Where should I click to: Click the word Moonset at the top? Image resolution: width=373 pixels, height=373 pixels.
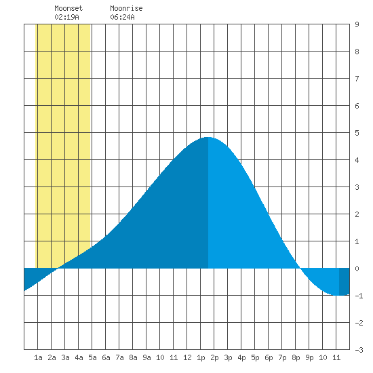point(68,8)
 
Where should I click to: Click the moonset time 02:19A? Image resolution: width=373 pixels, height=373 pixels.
point(66,17)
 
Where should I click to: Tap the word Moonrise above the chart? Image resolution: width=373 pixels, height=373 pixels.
point(126,8)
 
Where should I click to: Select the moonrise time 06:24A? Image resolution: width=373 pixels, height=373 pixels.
point(122,17)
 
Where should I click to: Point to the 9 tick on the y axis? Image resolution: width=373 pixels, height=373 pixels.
point(357,24)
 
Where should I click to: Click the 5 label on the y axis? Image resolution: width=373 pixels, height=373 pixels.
point(357,133)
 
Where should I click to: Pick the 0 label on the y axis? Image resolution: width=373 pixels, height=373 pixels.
point(357,269)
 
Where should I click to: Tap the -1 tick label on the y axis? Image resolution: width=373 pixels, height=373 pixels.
point(359,296)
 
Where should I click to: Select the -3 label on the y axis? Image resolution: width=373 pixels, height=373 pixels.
point(359,350)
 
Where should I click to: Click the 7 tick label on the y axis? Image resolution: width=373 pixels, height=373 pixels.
point(357,79)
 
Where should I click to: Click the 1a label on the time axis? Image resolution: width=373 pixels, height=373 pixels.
point(38,357)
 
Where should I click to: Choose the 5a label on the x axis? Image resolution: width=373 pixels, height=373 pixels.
point(92,357)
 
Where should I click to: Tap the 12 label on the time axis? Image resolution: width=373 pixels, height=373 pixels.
point(187,357)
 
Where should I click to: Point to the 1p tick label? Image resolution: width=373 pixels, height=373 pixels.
point(201,358)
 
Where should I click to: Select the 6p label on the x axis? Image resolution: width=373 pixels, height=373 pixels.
point(269,358)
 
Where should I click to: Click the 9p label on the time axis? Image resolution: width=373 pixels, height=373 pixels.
point(309,358)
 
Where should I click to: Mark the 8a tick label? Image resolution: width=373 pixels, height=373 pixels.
point(133,357)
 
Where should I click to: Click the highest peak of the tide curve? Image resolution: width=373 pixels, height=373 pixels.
point(208,137)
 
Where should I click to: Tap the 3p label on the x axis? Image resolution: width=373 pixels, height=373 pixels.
point(228,358)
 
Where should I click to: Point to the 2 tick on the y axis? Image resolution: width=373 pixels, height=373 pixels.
point(357,214)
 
